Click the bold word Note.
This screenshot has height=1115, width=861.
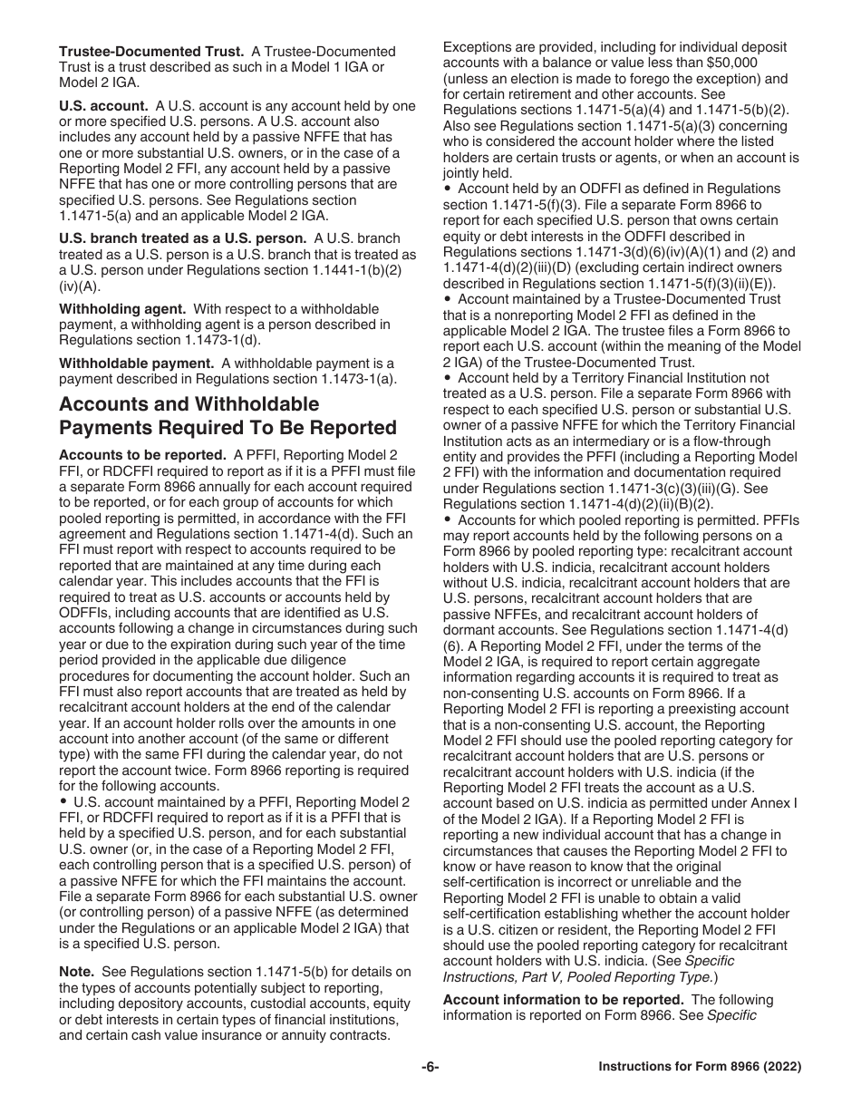pyautogui.click(x=76, y=972)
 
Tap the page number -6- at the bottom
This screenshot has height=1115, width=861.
pyautogui.click(x=430, y=1067)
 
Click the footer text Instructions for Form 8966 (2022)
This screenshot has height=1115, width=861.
pyautogui.click(x=700, y=1067)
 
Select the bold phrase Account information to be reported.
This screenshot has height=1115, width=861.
pyautogui.click(x=563, y=1000)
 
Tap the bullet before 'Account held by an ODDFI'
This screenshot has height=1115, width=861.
pyautogui.click(x=448, y=189)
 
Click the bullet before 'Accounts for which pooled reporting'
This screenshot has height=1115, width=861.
pyautogui.click(x=448, y=520)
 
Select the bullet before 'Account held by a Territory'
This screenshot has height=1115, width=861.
pyautogui.click(x=448, y=378)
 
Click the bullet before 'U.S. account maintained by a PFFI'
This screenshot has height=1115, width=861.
pyautogui.click(x=63, y=802)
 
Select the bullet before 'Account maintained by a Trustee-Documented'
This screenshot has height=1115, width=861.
pyautogui.click(x=448, y=299)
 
